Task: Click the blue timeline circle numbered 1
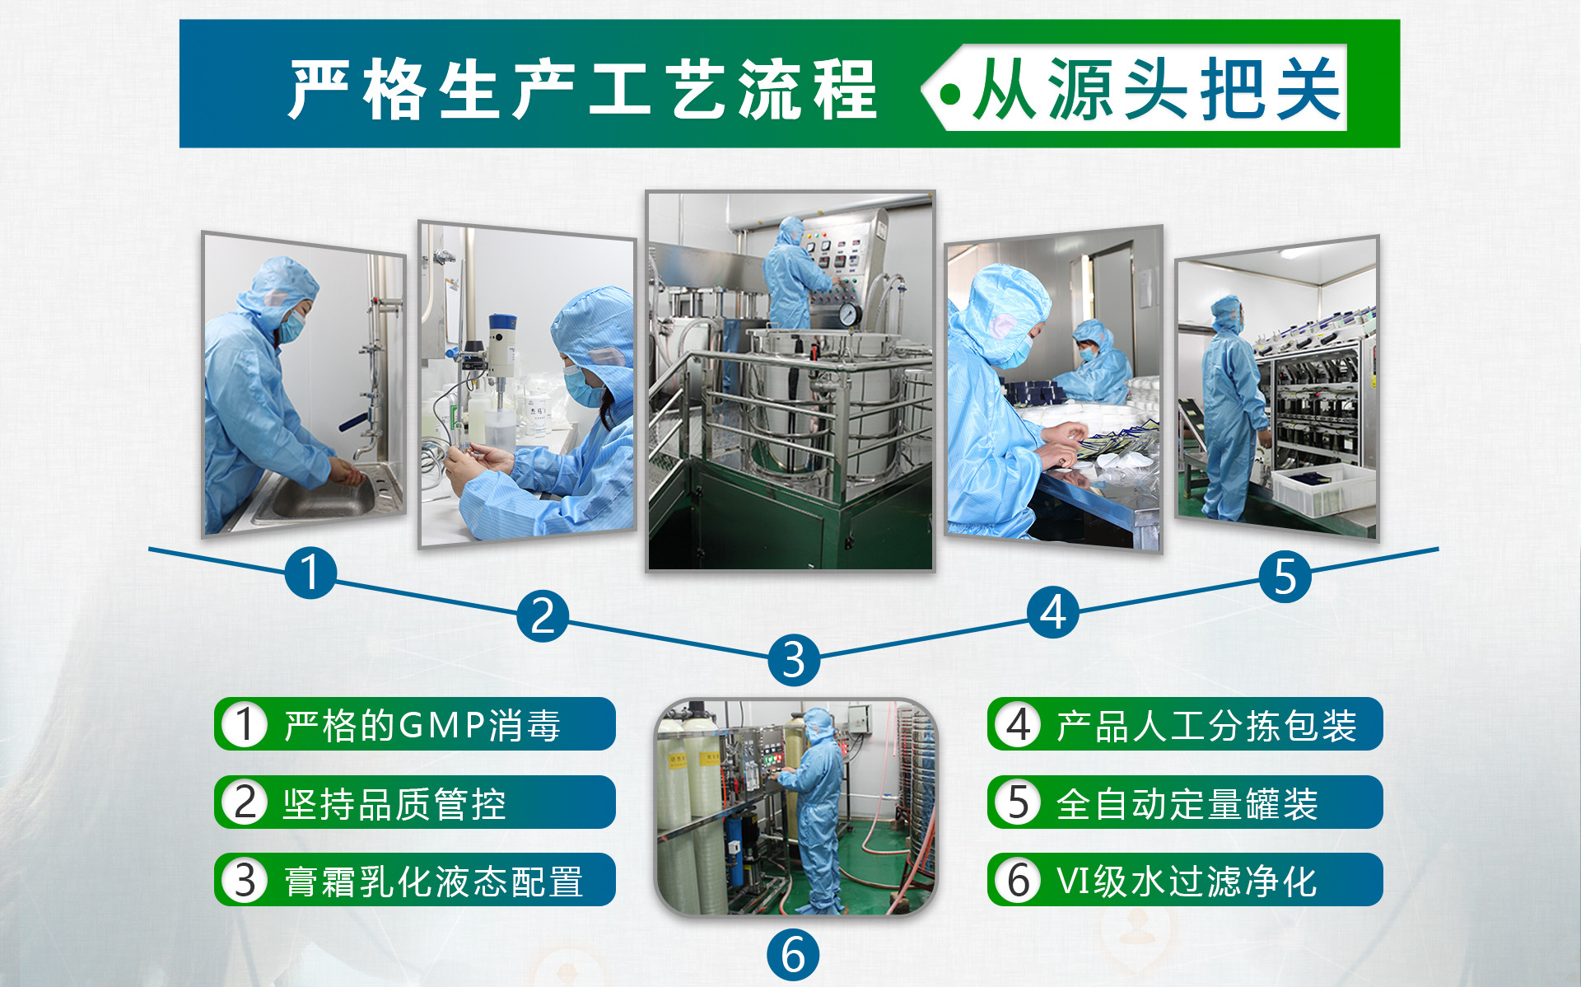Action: pos(310,573)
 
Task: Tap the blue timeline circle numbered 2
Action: pos(543,615)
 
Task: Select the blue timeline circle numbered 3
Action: pos(793,659)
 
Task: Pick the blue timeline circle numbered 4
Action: pos(1053,612)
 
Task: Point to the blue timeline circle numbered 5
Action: pos(1285,576)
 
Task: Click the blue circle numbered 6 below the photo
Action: pos(793,955)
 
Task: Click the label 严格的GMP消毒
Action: pos(422,726)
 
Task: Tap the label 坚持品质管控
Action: pos(394,803)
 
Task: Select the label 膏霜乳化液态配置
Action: pos(433,882)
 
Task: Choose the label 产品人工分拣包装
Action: pos(1206,726)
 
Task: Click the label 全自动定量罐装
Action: pos(1187,803)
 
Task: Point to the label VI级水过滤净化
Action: pos(1187,882)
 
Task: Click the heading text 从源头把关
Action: pos(1157,89)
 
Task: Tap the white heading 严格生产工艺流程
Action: pos(583,89)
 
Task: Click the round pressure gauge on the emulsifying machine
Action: pos(849,314)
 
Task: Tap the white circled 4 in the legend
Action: pos(1019,725)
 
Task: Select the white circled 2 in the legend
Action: pos(245,802)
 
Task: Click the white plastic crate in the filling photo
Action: pos(1322,489)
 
